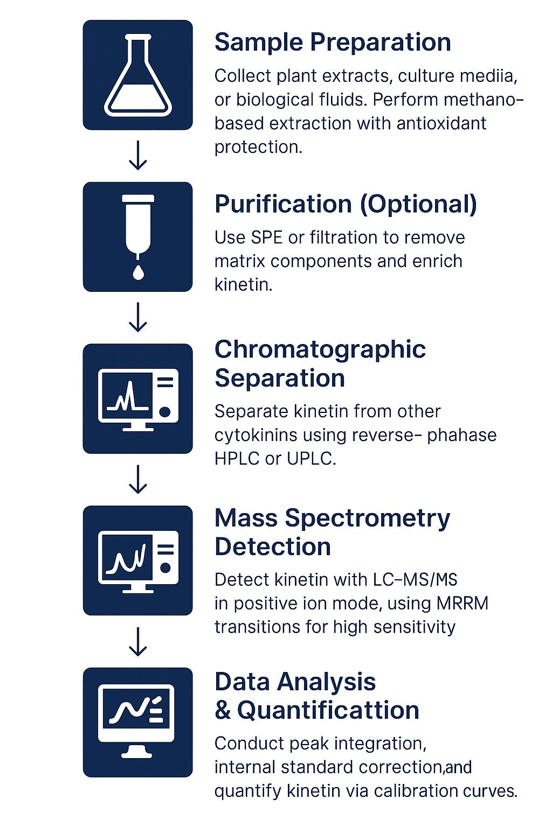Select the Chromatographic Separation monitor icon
(138, 399)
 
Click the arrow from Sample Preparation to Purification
(138, 156)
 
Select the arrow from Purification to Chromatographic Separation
(138, 317)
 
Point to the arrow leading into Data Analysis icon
(138, 641)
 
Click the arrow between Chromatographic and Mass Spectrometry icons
(138, 479)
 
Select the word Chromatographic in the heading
(320, 349)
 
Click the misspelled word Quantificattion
(328, 710)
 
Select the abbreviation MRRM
(467, 604)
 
